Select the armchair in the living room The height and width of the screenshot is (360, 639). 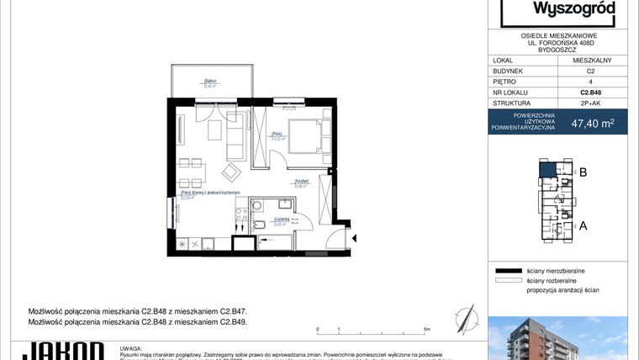[x=230, y=172]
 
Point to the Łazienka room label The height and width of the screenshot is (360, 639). [x=281, y=220]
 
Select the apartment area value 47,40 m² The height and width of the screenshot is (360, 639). [x=592, y=123]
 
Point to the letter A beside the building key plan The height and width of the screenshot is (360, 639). [x=582, y=225]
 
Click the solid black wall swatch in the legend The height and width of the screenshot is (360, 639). [x=509, y=271]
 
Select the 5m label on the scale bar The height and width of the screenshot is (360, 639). [x=427, y=331]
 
